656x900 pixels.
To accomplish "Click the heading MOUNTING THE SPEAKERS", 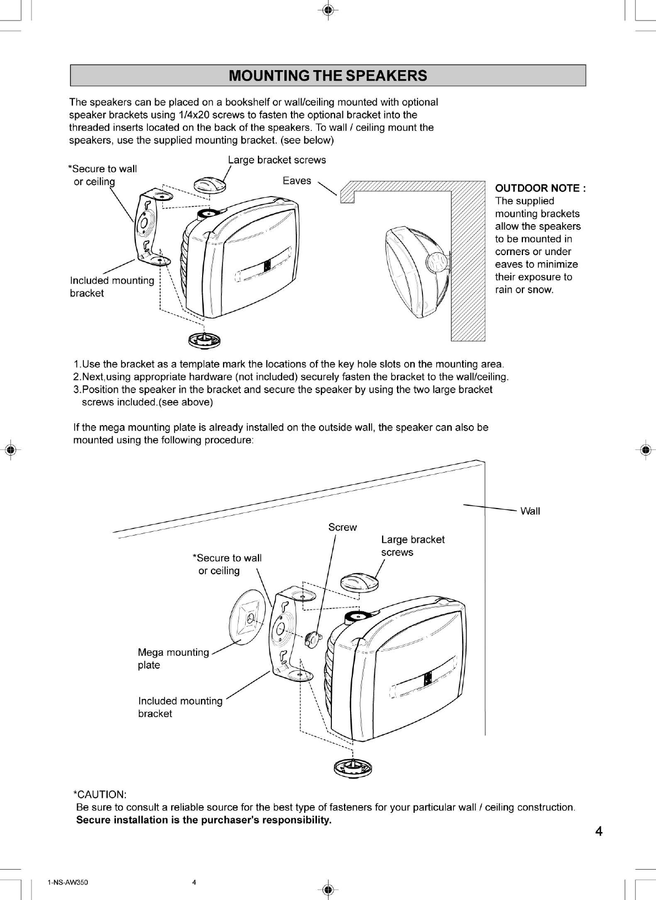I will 327,76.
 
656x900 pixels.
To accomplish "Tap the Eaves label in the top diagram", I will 297,181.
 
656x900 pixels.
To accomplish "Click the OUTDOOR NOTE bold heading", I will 540,188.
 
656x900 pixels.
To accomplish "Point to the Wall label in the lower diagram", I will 530,511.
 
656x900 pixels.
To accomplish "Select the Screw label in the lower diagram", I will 342,527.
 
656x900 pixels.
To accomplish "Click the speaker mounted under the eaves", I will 415,270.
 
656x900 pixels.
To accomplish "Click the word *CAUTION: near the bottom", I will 100,795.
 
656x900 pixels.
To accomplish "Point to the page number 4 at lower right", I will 599,831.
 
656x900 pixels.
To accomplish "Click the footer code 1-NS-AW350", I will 67,882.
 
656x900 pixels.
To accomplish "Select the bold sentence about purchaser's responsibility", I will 204,820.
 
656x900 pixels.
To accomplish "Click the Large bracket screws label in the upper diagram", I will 277,160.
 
